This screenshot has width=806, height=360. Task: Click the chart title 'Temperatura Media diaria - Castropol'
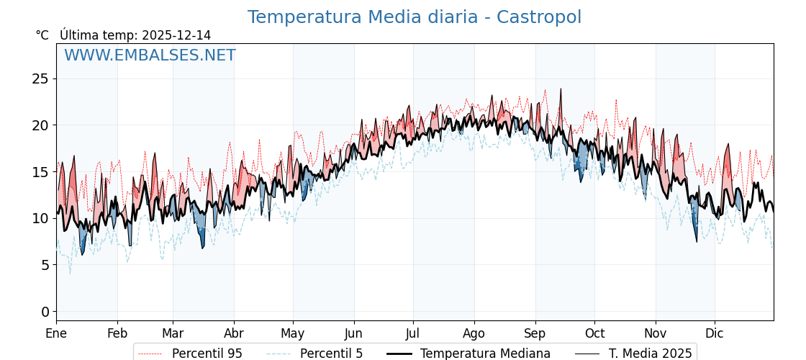(x=414, y=17)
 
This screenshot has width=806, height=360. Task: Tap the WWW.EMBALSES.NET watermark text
(x=150, y=55)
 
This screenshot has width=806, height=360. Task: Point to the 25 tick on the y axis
(x=40, y=78)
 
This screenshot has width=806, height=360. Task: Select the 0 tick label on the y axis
(x=45, y=311)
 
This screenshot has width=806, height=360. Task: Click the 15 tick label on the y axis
(x=40, y=171)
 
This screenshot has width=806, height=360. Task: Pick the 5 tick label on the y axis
(x=45, y=264)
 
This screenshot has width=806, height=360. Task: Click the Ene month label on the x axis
(x=56, y=333)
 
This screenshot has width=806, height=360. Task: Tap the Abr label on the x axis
(x=234, y=333)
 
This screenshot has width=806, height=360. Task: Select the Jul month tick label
(x=413, y=333)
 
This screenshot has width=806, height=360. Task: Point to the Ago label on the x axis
(x=474, y=333)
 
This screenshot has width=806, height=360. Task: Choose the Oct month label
(x=594, y=333)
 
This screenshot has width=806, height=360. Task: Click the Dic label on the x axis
(x=715, y=333)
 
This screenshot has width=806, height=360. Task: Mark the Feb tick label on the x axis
(x=117, y=333)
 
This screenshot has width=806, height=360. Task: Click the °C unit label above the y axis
(x=42, y=35)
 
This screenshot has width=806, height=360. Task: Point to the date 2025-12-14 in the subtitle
(x=176, y=35)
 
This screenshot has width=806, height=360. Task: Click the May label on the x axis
(x=293, y=333)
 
